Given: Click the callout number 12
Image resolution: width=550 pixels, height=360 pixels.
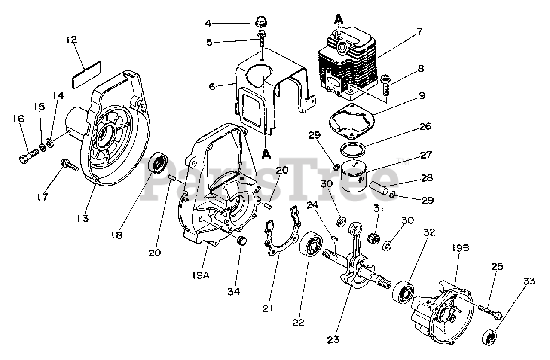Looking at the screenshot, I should pyautogui.click(x=71, y=40).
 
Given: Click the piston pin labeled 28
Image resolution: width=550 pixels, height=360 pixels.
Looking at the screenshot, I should pyautogui.click(x=380, y=188).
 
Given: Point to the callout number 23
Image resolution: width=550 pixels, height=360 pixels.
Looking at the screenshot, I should pyautogui.click(x=333, y=340).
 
